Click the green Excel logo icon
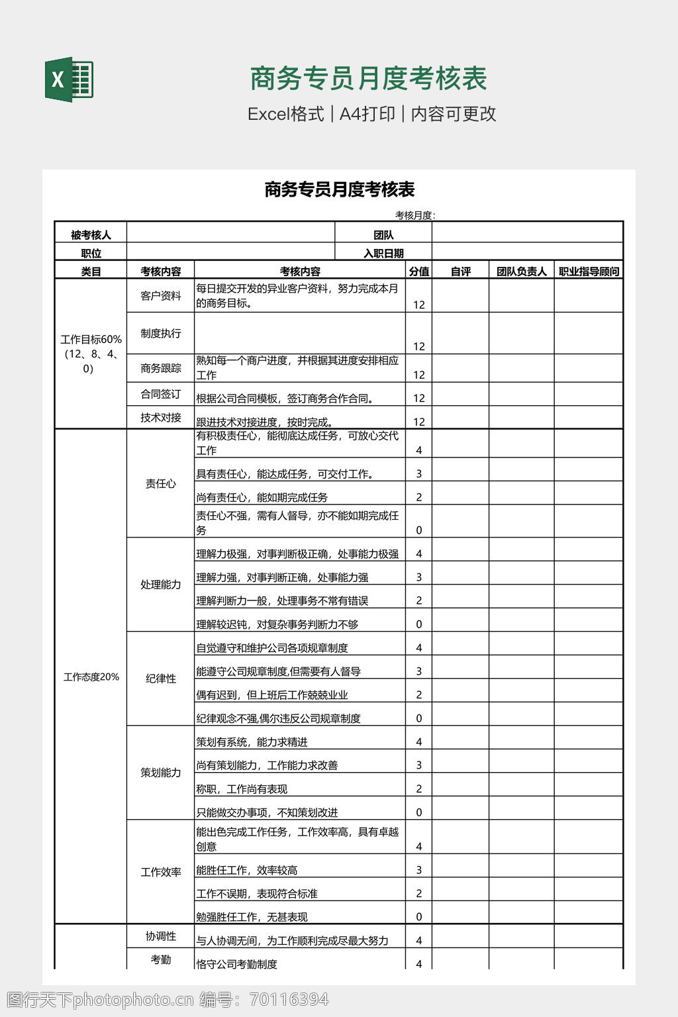tap(69, 80)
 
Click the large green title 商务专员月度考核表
tap(368, 79)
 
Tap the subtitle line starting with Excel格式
tap(371, 114)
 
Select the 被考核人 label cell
tap(91, 235)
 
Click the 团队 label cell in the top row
tap(383, 235)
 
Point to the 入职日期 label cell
tap(383, 253)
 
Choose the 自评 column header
tap(460, 271)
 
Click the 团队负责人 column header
tap(522, 271)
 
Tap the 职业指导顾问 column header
tap(589, 271)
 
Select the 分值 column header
tap(418, 271)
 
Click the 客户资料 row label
tap(160, 296)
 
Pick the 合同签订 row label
tap(160, 394)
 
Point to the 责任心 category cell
tap(160, 484)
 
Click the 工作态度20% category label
tap(91, 677)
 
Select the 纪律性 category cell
tap(160, 679)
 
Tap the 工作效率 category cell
tap(160, 872)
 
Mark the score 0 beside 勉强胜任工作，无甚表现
tap(418, 917)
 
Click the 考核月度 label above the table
tap(414, 215)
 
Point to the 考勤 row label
tap(160, 959)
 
